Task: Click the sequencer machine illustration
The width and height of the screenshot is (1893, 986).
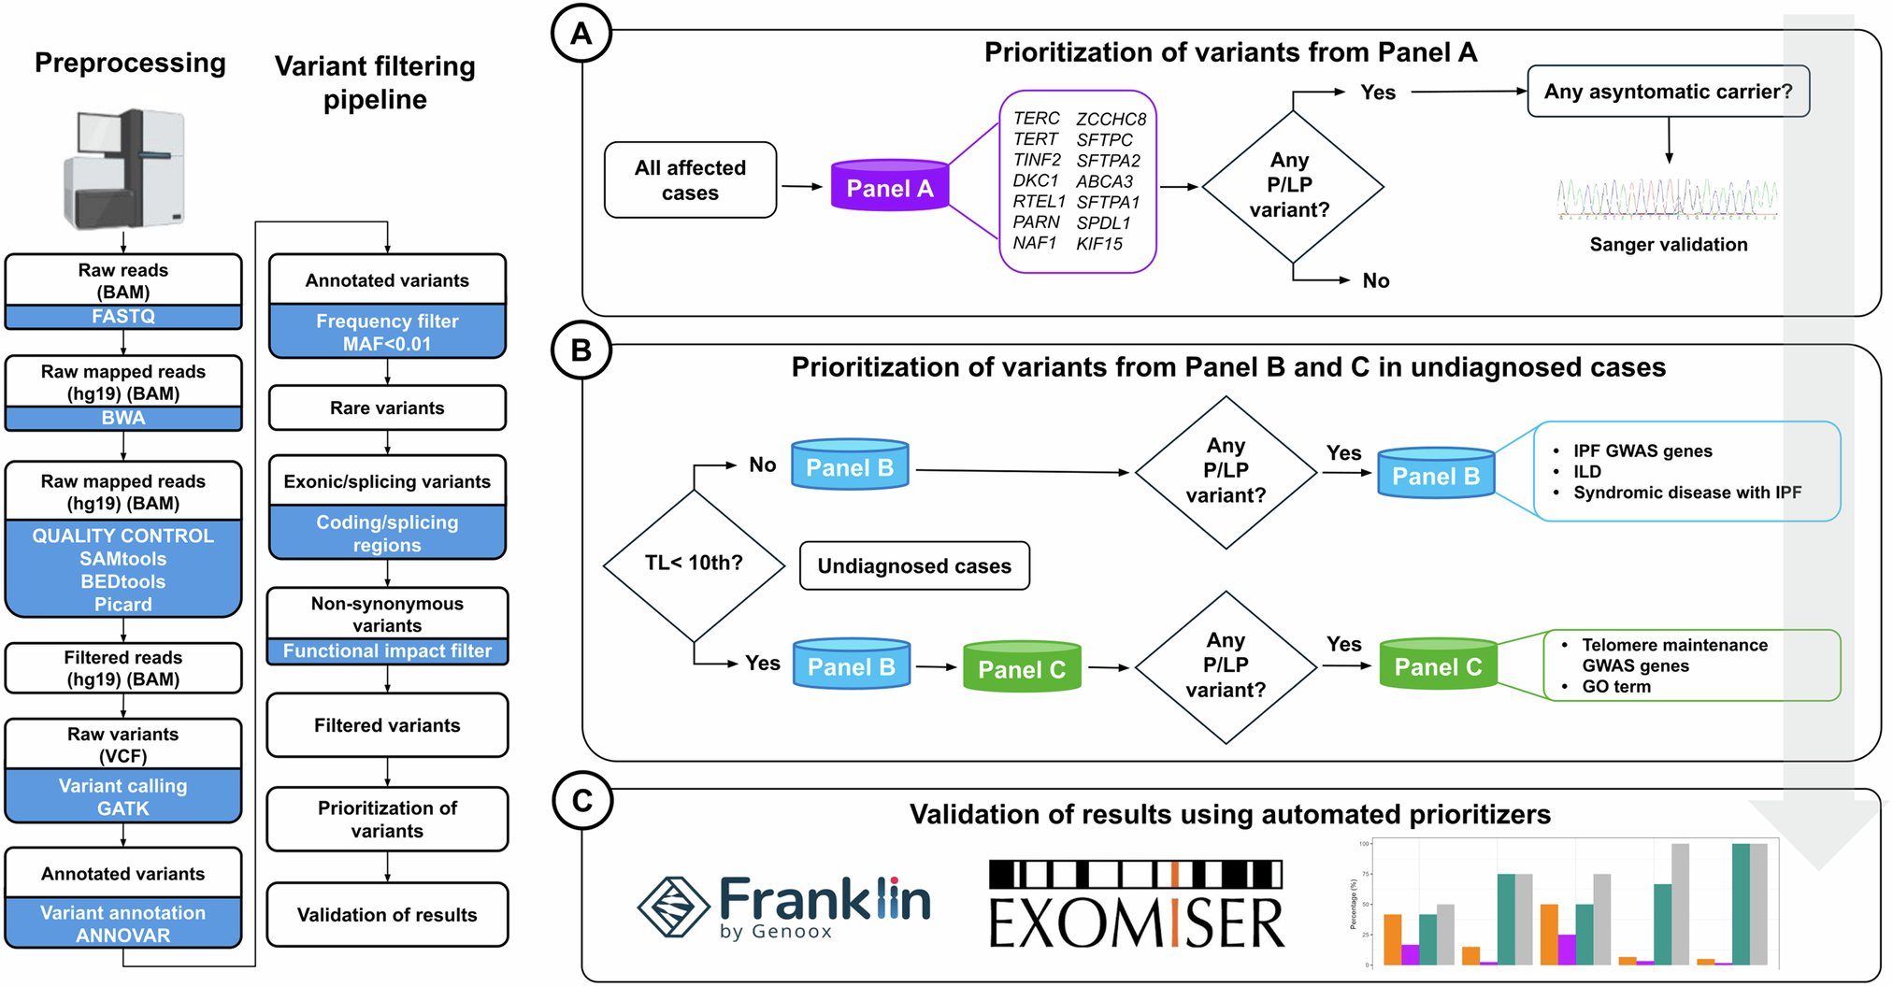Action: coord(124,168)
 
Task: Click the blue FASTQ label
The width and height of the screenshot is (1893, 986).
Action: coord(123,317)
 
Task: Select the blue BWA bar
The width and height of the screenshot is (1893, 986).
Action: coord(123,418)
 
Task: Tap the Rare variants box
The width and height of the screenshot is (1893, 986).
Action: coord(387,408)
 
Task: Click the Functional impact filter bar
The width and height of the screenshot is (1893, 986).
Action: coord(387,650)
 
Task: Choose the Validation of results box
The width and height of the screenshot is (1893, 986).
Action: coord(387,915)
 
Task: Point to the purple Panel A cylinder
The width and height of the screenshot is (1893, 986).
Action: coord(889,187)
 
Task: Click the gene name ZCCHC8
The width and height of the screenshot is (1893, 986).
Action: coord(1111,120)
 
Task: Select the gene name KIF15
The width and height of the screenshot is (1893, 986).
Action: coord(1098,244)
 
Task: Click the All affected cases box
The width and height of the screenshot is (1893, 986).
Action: coord(690,180)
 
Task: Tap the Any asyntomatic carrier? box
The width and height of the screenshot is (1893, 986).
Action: coord(1668,92)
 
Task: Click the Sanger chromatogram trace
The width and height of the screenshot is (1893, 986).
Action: coord(1667,199)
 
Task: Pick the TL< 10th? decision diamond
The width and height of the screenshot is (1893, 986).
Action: coord(694,564)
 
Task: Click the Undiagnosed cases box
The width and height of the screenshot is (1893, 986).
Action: coord(914,566)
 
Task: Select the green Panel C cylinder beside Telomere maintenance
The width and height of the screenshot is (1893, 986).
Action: coord(1437,665)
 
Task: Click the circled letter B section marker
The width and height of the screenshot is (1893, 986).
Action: coord(581,350)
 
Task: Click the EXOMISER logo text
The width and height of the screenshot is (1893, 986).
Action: coord(1137,923)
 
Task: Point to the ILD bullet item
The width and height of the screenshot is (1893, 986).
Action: coord(1586,472)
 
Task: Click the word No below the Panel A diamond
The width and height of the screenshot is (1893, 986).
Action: coord(1375,281)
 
